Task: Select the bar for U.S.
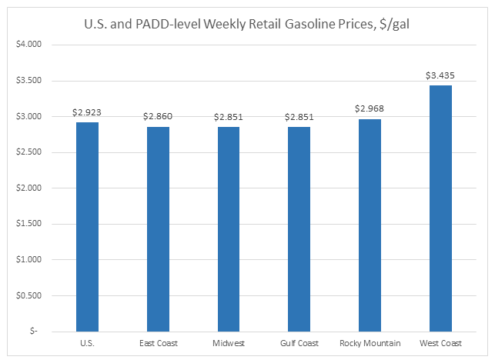point(88,226)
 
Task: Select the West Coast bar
point(440,208)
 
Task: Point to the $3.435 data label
point(440,76)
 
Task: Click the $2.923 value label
point(88,113)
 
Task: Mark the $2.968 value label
point(370,110)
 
